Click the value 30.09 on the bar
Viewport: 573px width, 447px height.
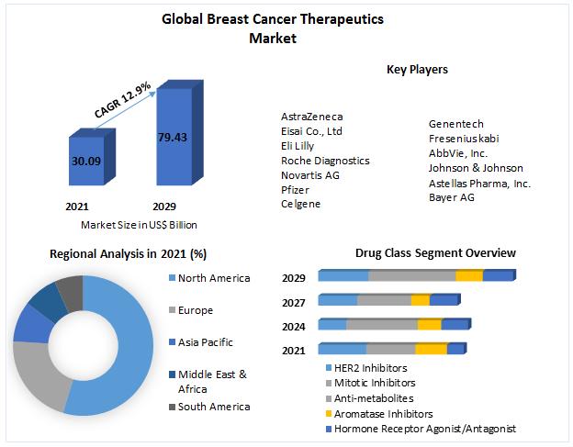coord(87,162)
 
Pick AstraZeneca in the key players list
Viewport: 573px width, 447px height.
coord(312,117)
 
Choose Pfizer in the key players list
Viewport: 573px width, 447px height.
coord(296,189)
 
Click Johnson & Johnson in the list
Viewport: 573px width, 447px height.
coord(476,168)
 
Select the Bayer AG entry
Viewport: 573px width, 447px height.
coord(452,197)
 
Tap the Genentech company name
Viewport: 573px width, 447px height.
coord(456,124)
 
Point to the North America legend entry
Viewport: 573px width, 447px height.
coord(213,278)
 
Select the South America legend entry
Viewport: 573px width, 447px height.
coord(213,407)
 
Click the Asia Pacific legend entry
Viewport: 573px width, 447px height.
coord(206,342)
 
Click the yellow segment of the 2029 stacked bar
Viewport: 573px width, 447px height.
coord(468,275)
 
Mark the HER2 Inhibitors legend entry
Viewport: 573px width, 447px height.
coord(372,367)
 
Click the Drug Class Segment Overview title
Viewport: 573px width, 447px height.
coord(435,252)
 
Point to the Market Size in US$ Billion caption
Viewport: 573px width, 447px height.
coord(139,225)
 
